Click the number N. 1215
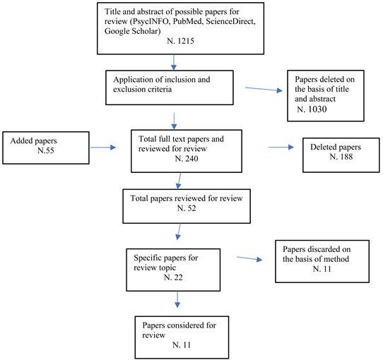coord(180,41)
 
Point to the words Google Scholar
coord(133,31)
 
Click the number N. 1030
coord(312,109)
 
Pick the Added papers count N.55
coord(46,150)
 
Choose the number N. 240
coord(187,159)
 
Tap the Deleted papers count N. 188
coord(341,157)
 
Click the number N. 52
coord(187,208)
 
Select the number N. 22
coord(173,277)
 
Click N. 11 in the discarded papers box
coord(322,269)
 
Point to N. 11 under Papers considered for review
coord(181,344)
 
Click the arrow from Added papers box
coord(103,147)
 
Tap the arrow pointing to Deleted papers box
coord(281,147)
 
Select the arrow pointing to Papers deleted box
coord(264,89)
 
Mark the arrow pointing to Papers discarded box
coord(249,258)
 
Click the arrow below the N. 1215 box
coord(174,62)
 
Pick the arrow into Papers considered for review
coord(177,299)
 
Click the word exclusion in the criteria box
coord(128,90)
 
